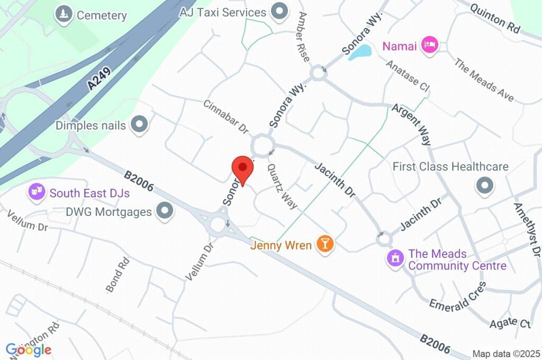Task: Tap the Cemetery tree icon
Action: (64, 14)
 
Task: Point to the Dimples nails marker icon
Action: (140, 125)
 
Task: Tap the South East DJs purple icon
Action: (37, 192)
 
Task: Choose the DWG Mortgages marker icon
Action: (166, 211)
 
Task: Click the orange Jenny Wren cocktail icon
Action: (324, 244)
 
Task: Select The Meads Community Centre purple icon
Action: (395, 259)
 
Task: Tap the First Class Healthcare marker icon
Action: (484, 185)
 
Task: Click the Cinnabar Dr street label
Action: (225, 116)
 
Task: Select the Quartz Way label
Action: (282, 186)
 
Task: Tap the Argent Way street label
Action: (411, 124)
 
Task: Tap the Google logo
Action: (29, 349)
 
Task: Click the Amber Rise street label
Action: (303, 37)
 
